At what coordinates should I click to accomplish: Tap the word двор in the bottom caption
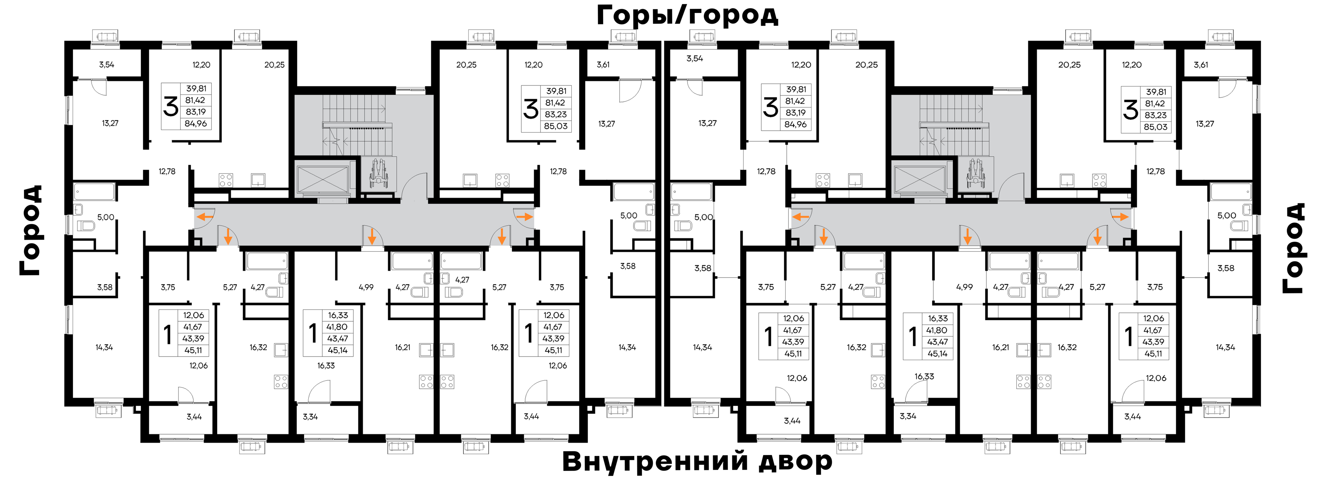[795, 462]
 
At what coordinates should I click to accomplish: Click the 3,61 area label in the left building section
[603, 65]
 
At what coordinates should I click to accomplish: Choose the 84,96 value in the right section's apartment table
[795, 124]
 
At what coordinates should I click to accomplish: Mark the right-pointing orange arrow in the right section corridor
[1121, 217]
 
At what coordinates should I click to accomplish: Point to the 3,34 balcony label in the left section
[310, 416]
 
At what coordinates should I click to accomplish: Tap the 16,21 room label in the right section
[1001, 347]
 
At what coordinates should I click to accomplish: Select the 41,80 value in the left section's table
[337, 327]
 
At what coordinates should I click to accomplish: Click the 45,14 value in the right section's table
[937, 354]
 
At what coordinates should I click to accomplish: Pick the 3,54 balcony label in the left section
[107, 65]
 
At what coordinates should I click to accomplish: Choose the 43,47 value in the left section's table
[337, 339]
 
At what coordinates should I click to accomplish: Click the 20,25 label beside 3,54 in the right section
[866, 65]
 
